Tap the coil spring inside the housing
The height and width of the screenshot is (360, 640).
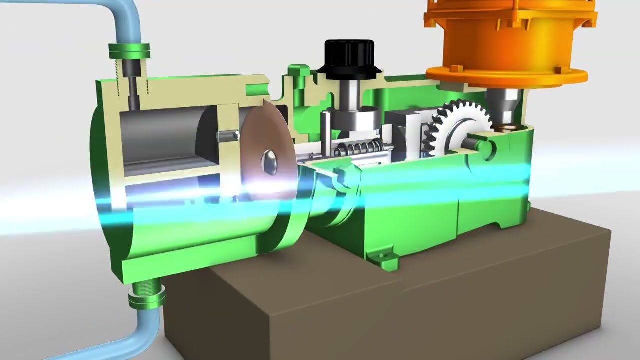coord(363,148)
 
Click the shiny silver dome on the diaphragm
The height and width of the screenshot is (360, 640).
coord(269,162)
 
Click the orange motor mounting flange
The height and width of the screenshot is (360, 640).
coord(505,75)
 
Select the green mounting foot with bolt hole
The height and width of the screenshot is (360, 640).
coord(382,257)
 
